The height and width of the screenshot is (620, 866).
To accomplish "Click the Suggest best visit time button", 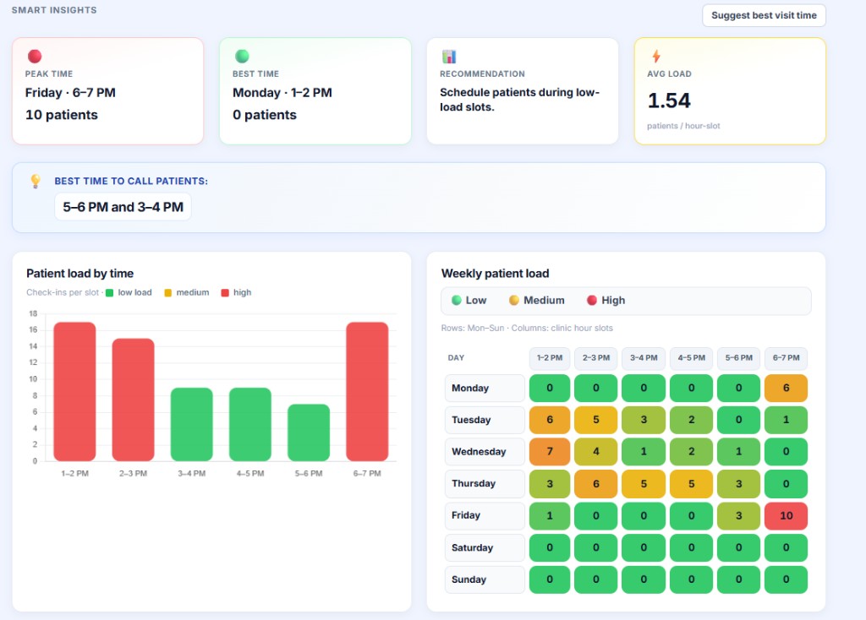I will [x=764, y=15].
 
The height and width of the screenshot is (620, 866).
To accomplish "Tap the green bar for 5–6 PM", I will [x=309, y=432].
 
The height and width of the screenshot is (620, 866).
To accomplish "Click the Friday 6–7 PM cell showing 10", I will [x=786, y=515].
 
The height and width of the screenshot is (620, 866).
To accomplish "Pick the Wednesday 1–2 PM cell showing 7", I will [x=550, y=452].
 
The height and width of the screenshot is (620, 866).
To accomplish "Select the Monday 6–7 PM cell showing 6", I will [x=786, y=389].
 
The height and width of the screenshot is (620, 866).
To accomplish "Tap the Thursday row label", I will [x=485, y=484].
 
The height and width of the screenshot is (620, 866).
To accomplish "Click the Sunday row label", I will [x=485, y=579].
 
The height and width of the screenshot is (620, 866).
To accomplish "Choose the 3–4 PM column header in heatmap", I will [x=644, y=358].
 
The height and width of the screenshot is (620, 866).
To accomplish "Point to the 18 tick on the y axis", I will [x=33, y=313].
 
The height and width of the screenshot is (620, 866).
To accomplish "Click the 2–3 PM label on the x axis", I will [x=134, y=474].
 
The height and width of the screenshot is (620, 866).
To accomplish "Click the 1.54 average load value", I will [x=669, y=101].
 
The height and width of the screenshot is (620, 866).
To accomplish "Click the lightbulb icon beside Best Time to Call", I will [x=36, y=181].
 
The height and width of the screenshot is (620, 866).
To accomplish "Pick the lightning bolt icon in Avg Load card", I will [x=655, y=57].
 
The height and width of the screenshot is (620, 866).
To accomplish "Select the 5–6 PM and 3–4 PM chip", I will [x=123, y=207].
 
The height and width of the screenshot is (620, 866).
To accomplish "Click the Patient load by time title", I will [x=79, y=274].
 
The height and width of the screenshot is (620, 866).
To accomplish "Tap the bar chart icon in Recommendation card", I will [x=448, y=57].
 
